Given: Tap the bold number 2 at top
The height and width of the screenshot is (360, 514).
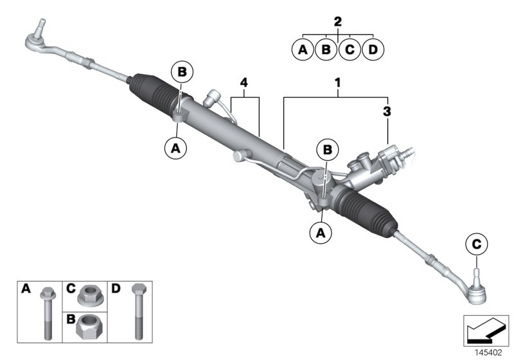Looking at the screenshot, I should [x=338, y=21].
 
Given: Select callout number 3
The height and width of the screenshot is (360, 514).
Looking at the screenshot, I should [x=387, y=111].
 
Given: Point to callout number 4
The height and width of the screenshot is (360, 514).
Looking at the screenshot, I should [x=244, y=83].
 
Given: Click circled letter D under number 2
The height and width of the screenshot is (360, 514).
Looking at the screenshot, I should [x=373, y=49].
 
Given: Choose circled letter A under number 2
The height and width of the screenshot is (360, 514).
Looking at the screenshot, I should [x=303, y=49].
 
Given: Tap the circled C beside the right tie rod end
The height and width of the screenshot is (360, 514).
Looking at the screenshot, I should [x=476, y=244].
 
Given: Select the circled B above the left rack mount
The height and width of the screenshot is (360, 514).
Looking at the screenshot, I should [x=181, y=73].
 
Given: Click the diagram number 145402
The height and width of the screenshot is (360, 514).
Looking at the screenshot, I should [x=489, y=351].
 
